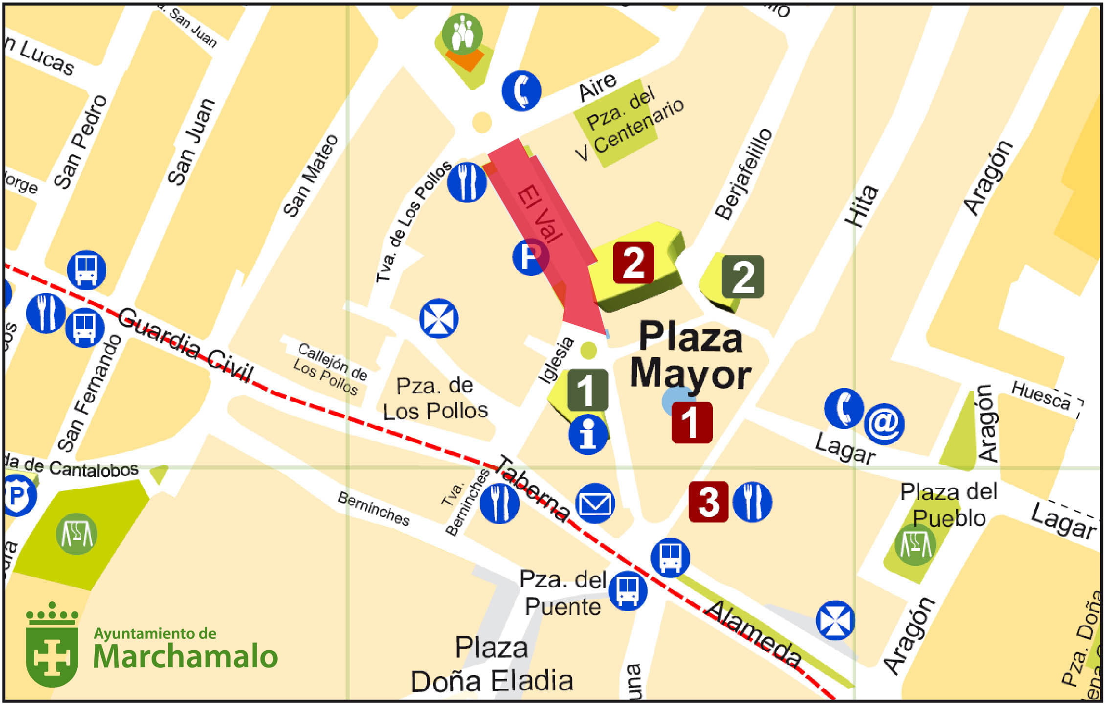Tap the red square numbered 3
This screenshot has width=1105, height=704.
coord(708,502)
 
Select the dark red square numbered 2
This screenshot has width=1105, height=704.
coord(634,263)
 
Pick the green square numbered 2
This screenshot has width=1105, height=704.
coord(743,276)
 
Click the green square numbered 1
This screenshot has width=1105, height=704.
coord(588,390)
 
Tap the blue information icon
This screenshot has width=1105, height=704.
coord(588,434)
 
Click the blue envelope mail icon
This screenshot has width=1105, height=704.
coord(595,503)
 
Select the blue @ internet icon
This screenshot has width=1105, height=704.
coord(884,424)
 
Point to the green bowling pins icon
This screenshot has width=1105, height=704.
coord(462,33)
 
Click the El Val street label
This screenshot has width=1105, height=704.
coord(540,213)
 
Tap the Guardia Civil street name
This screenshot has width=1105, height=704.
coord(186,345)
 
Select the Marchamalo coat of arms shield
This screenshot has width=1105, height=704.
coord(52,646)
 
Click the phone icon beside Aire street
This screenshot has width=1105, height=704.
coord(521,91)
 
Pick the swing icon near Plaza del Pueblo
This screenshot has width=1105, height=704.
coord(915,545)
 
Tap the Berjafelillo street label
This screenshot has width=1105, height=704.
coord(743,174)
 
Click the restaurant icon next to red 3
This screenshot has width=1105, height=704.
coord(752,502)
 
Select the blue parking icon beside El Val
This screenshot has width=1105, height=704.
coord(530,256)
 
